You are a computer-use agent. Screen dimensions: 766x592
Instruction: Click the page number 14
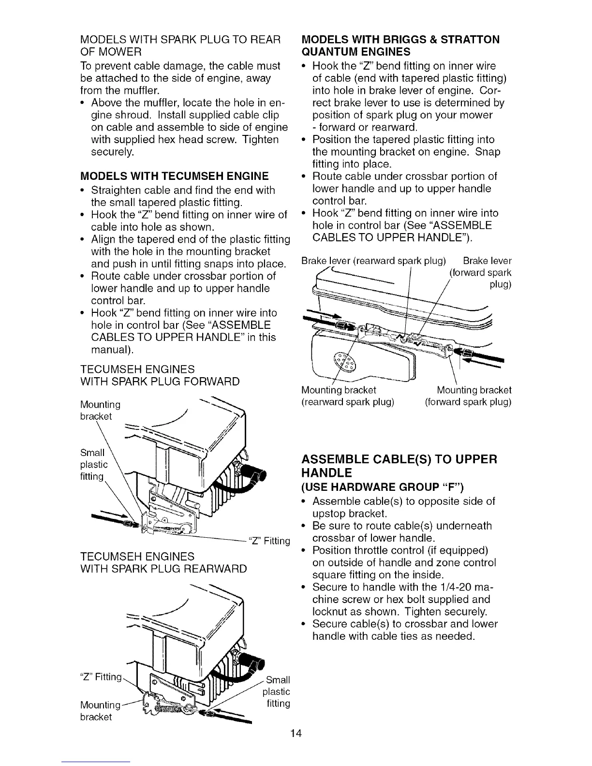coord(296,734)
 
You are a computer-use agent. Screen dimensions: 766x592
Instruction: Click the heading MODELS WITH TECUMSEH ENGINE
coord(174,175)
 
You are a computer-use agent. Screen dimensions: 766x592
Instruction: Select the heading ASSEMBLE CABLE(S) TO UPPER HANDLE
coord(399,465)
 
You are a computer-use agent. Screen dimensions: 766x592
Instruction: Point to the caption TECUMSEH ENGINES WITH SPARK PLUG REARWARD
coord(163,562)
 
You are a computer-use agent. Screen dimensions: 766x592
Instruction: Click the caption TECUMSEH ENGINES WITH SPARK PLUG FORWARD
coord(160,375)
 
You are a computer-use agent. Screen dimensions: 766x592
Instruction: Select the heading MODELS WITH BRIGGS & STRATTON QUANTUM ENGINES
coord(400,45)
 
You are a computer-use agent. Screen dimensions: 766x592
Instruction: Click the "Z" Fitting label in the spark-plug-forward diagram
coord(268,541)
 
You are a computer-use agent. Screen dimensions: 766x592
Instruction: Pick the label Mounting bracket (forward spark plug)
coord(468,396)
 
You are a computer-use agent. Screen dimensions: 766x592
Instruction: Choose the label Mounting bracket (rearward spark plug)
coord(348,396)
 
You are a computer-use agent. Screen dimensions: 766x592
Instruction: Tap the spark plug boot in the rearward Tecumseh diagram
coord(255,663)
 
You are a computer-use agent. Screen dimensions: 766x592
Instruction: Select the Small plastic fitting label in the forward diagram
coord(94,465)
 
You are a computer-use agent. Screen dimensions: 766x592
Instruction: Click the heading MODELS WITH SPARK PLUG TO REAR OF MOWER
coord(180,45)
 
